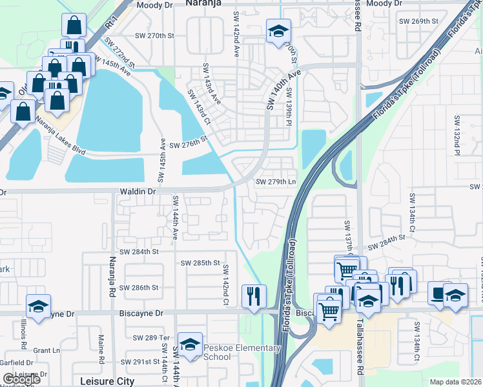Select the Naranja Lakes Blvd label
(x=61, y=135)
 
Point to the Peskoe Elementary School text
(x=243, y=353)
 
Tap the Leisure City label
(x=107, y=381)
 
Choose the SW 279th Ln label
(x=276, y=182)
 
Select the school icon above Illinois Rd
(x=38, y=305)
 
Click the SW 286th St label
(x=142, y=288)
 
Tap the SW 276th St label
(x=188, y=141)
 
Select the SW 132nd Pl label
(x=457, y=135)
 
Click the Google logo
(x=21, y=380)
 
